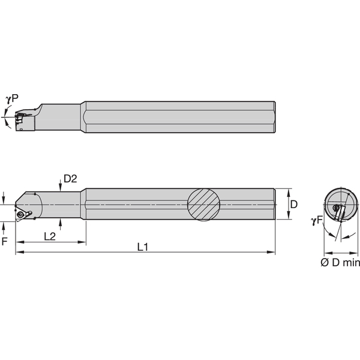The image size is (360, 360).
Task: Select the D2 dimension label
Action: (70, 178)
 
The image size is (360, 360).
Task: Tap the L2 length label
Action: (51, 237)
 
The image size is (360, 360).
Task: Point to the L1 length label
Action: (143, 247)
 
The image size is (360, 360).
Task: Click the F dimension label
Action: (5, 242)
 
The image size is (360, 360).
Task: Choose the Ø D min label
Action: (339, 262)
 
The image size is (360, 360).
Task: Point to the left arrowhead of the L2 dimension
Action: (19, 242)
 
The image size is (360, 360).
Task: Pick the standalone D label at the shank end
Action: (293, 204)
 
